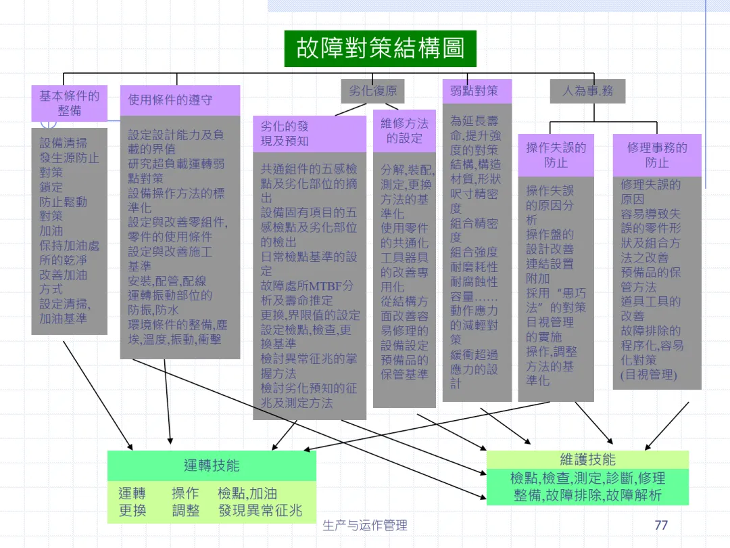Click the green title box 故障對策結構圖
[380, 49]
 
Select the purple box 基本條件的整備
[69, 103]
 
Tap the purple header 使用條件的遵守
[180, 100]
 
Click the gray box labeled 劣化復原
[372, 91]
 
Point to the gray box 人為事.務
[587, 91]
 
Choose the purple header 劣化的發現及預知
[309, 133]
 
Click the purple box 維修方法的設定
[404, 131]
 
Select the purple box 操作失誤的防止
[556, 155]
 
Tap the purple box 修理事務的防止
[657, 155]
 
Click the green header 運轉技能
[212, 465]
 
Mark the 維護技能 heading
[587, 460]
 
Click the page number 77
[661, 525]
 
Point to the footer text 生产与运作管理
[365, 526]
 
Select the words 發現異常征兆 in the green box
[260, 510]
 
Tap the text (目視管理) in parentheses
[648, 374]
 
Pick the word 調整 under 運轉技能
[186, 510]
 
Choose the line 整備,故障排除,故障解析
[587, 495]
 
